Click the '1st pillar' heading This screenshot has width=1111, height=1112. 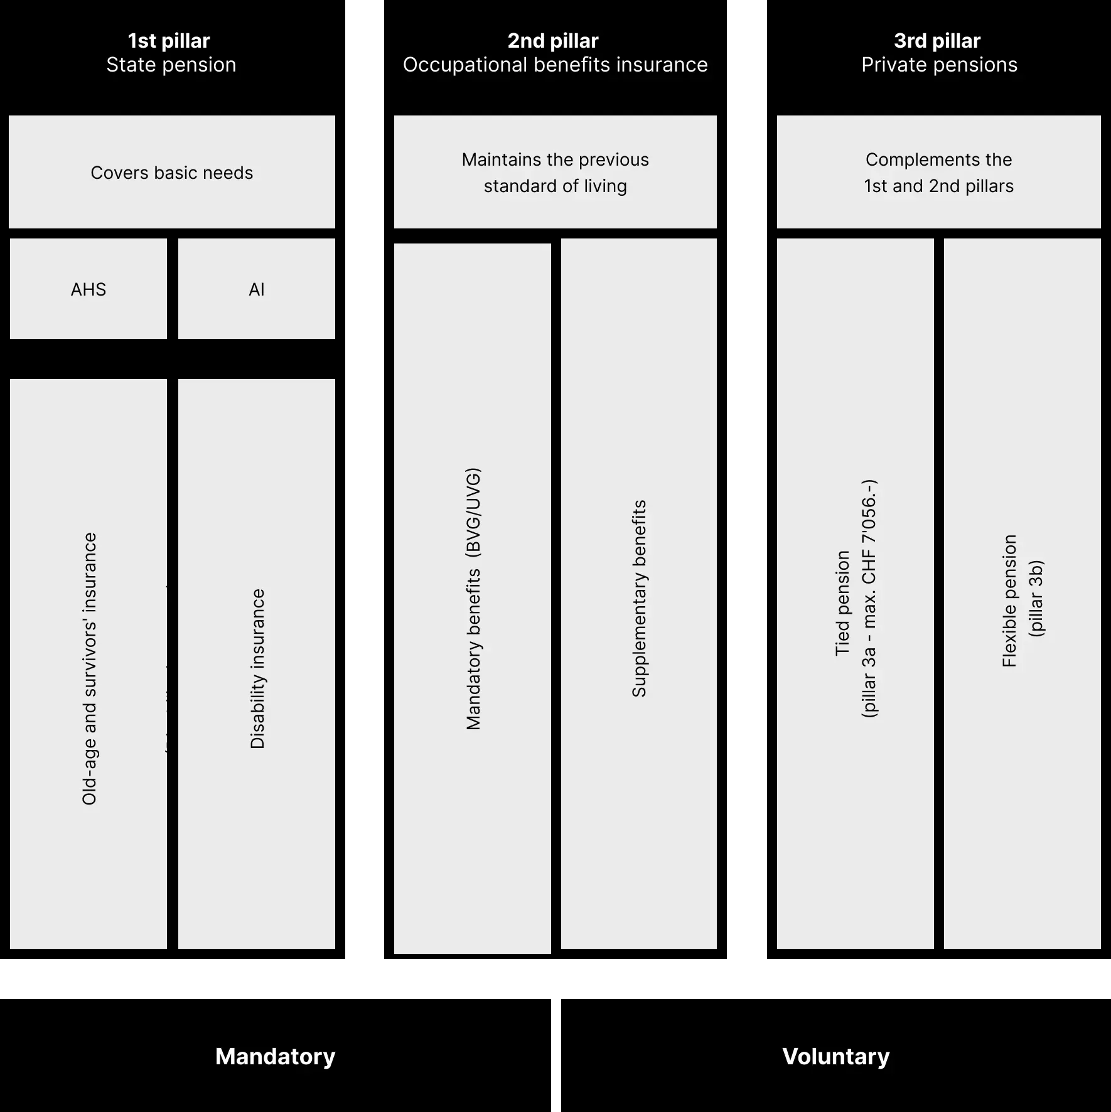point(169,41)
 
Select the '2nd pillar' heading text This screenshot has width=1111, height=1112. point(553,41)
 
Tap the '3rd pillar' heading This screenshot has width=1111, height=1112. point(937,41)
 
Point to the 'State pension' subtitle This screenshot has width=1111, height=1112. point(171,65)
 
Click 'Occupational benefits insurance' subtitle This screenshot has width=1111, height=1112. point(555,65)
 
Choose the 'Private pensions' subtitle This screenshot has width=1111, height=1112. point(940,65)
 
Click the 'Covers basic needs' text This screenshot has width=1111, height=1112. point(172,173)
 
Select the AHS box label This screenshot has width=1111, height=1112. point(89,289)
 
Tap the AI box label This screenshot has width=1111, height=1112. point(257,289)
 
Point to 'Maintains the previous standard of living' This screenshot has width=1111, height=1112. point(555,173)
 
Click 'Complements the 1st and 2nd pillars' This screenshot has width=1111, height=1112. point(939,173)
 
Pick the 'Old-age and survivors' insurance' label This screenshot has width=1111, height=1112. point(90,669)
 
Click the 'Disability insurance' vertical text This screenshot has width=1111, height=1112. point(257,669)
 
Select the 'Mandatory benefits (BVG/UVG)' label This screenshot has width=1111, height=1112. point(473,599)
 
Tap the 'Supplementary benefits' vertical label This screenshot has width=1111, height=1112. point(639,599)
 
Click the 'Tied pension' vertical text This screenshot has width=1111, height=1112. point(842,604)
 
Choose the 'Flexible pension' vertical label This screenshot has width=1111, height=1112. point(1009,601)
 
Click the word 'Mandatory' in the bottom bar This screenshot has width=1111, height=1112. point(276,1057)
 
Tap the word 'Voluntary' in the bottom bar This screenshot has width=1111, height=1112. point(836,1057)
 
